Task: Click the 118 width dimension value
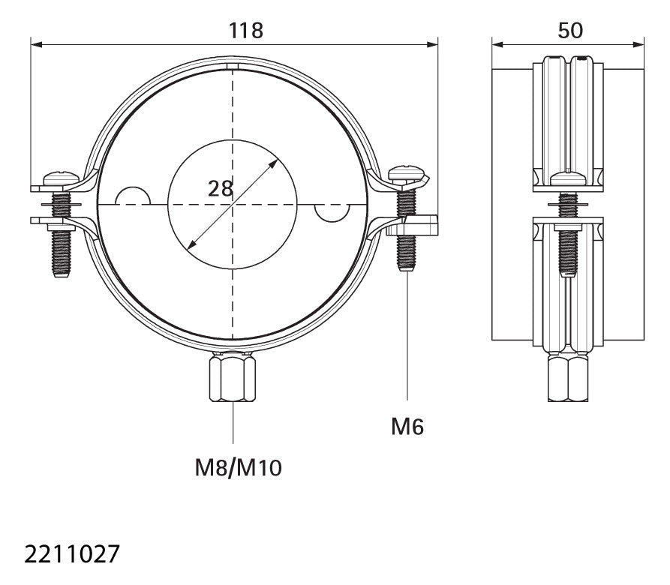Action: [x=245, y=31]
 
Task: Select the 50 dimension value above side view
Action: [x=570, y=31]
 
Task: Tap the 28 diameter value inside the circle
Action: [x=220, y=189]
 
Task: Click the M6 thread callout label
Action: [x=407, y=427]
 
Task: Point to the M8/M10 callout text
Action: [x=238, y=467]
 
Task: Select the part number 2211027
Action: [x=71, y=554]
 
